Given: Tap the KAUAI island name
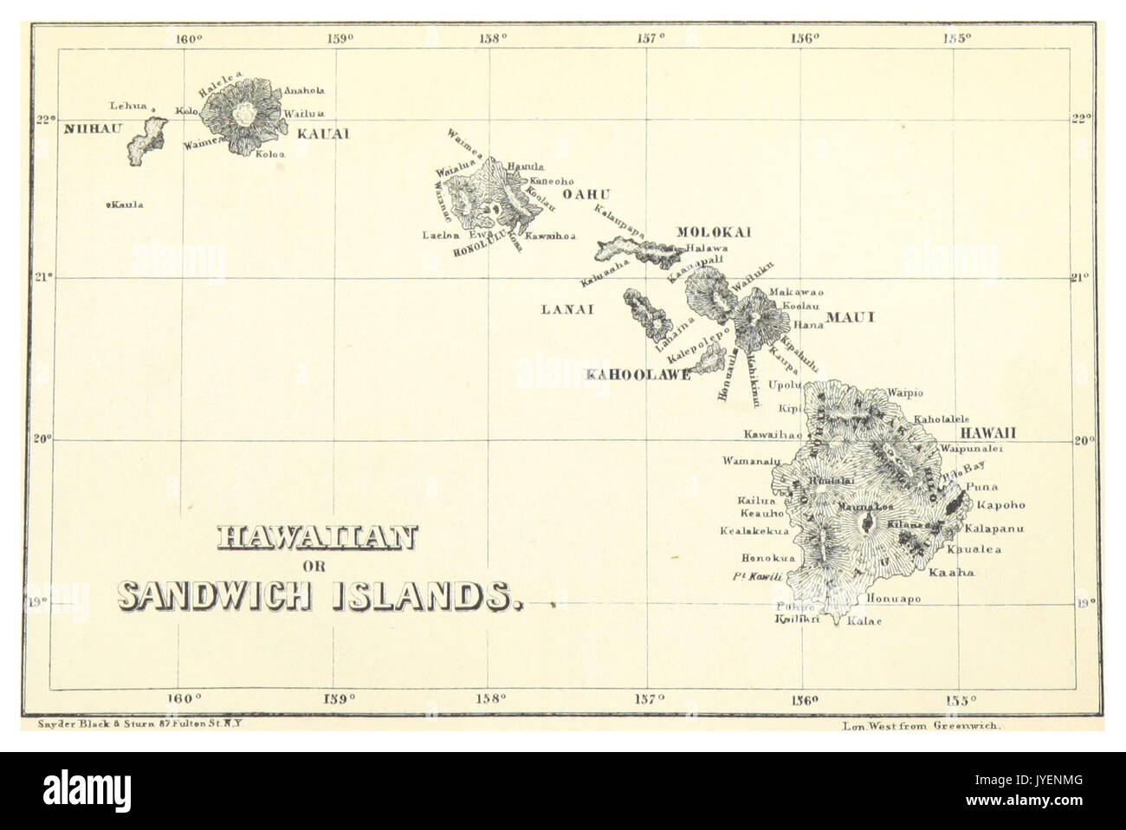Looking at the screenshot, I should pyautogui.click(x=322, y=134).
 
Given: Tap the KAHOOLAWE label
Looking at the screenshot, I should pyautogui.click(x=638, y=374).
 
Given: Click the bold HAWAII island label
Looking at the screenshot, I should pyautogui.click(x=986, y=432).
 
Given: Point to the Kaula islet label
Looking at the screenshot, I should pyautogui.click(x=125, y=205).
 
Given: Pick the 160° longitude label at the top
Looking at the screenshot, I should pyautogui.click(x=188, y=37).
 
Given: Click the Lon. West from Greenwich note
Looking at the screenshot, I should pyautogui.click(x=921, y=729).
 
